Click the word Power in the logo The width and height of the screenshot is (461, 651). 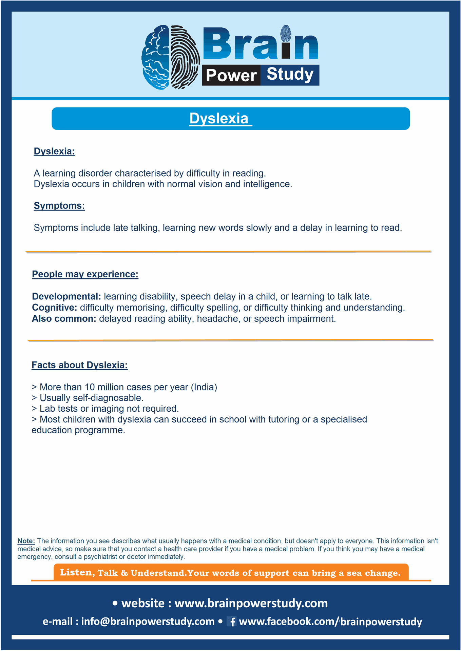pos(231,75)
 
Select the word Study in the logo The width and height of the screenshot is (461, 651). pos(290,75)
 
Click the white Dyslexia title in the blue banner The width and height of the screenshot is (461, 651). pos(219,119)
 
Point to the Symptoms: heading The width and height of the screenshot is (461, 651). pos(59,205)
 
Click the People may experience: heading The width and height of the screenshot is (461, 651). pos(85,274)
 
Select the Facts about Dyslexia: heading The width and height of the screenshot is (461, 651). pos(80,365)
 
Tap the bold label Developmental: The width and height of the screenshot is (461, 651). pos(66,296)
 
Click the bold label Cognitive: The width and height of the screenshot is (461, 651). pos(55,308)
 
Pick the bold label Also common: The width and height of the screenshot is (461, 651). pos(64,319)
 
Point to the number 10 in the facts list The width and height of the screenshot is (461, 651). pos(90,387)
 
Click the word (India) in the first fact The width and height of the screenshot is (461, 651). pos(204,387)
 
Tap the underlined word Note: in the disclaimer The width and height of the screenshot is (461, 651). pos(26,541)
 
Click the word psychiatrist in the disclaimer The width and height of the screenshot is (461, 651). pos(100,557)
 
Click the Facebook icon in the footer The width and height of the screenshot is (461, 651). pos(232,622)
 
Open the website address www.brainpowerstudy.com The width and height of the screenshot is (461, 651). pos(251,603)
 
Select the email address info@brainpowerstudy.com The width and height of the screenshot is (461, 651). pos(148,621)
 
